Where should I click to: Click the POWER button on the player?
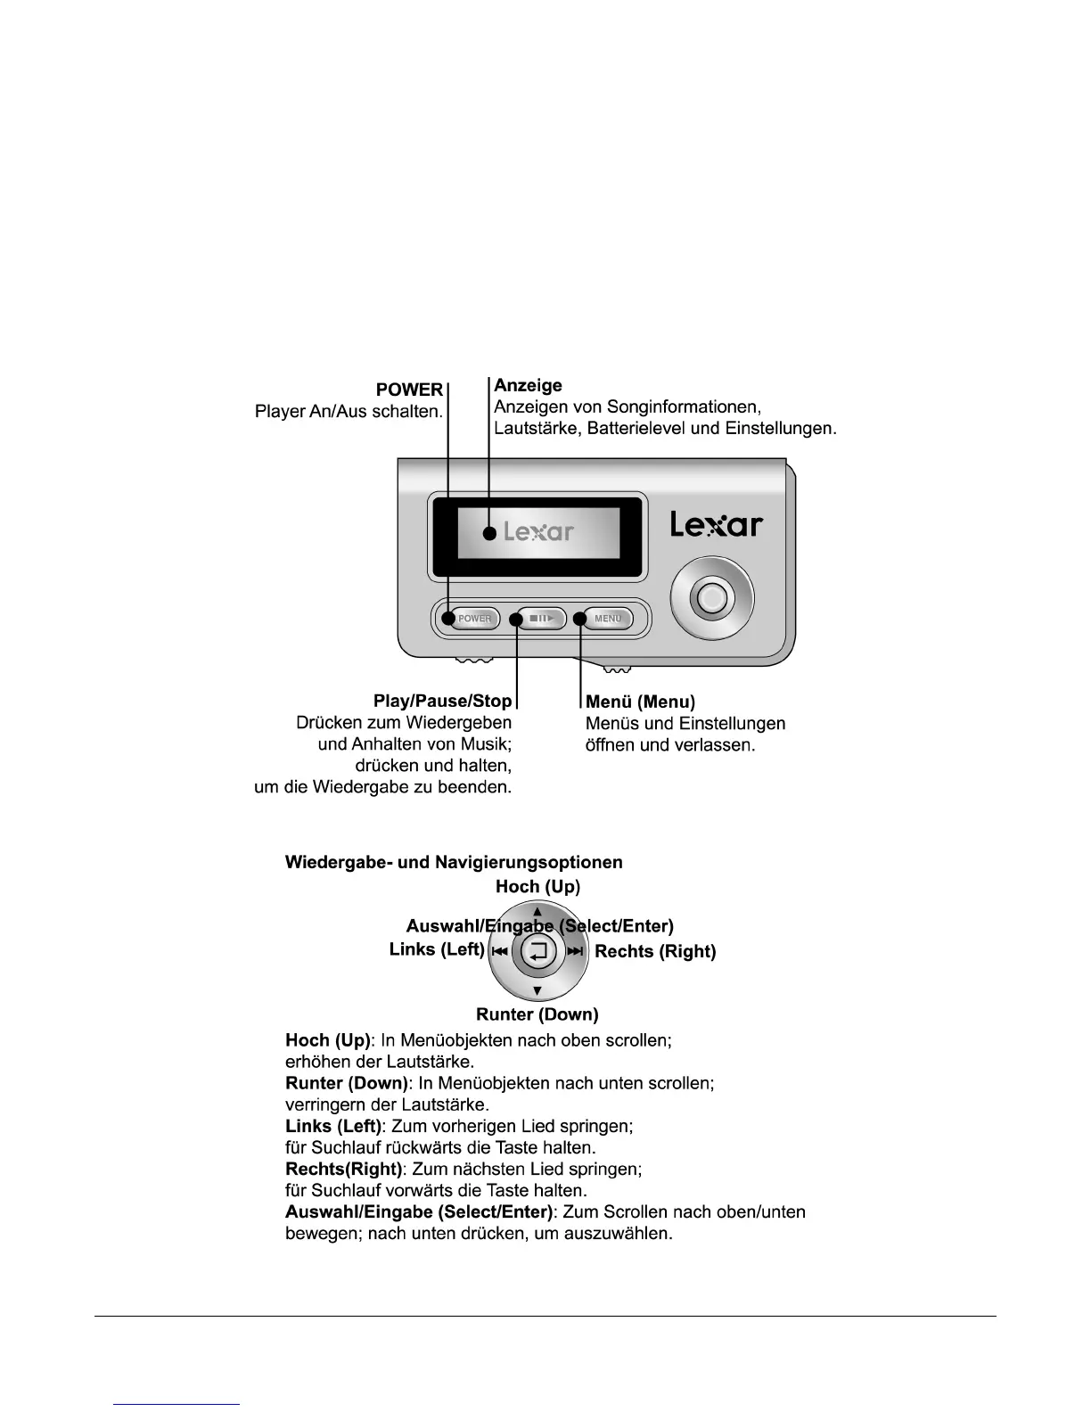(x=474, y=619)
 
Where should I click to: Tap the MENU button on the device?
(x=609, y=619)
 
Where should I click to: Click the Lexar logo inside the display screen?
(x=538, y=532)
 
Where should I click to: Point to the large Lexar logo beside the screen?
(x=717, y=525)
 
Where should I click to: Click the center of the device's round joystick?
(x=710, y=598)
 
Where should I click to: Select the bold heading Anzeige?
(x=528, y=385)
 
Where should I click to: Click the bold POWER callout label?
(x=409, y=390)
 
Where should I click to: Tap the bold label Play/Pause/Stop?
(x=442, y=702)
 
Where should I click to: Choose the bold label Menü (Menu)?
(x=640, y=702)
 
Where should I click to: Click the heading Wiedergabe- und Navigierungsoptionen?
(x=454, y=862)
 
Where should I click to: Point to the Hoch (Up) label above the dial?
(x=537, y=886)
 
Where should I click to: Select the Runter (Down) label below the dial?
(x=537, y=1014)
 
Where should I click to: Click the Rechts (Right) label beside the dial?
(x=655, y=951)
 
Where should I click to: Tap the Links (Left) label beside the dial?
(x=437, y=949)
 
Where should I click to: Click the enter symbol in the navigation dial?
(x=537, y=952)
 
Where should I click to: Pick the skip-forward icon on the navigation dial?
(x=575, y=952)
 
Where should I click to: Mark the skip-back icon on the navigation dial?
(x=499, y=952)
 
